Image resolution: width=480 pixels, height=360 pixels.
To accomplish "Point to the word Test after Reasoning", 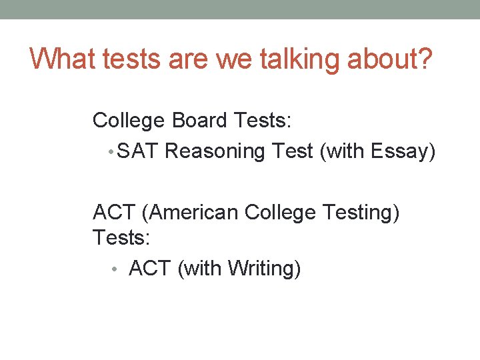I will (293, 151).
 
